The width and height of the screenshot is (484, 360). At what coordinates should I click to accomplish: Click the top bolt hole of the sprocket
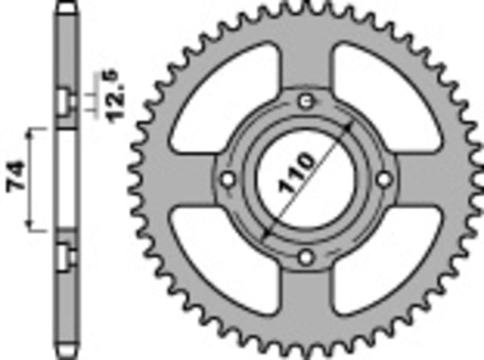coord(305,101)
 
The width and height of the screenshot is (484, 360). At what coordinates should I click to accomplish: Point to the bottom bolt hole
coord(305,257)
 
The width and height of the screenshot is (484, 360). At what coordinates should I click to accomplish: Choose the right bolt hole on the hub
coord(383,178)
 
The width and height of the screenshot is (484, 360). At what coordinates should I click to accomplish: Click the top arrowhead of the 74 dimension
coord(32,129)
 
